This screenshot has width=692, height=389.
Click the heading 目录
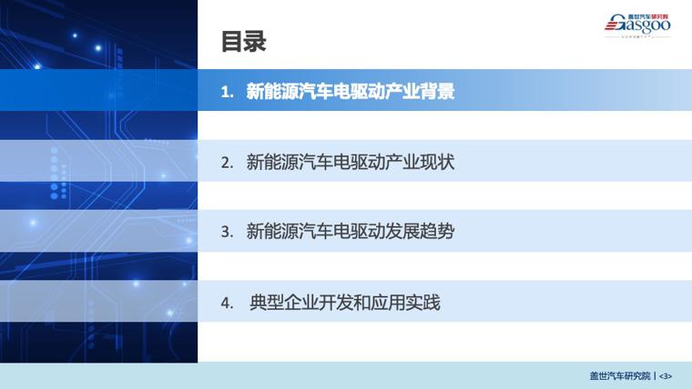244,42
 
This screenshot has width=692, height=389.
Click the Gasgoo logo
637,25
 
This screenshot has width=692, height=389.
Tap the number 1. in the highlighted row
228,92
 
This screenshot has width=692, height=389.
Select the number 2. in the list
228,163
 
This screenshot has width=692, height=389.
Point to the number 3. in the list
228,232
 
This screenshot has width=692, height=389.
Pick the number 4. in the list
228,303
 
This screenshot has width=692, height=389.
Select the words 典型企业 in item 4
284,303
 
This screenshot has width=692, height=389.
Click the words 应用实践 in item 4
405,303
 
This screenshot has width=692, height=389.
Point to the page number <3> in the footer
666,376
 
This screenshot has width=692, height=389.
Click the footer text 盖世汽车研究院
620,375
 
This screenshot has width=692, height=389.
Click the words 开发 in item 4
336,303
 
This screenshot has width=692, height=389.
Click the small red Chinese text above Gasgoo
648,16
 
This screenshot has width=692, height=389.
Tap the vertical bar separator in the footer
655,376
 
